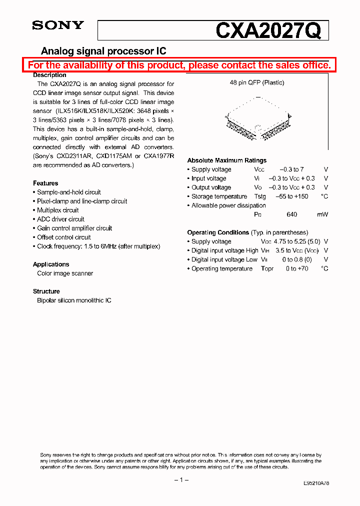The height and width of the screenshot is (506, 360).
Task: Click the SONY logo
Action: point(58,25)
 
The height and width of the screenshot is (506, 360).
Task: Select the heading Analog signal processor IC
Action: point(103,51)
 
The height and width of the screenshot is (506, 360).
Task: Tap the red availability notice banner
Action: point(179,65)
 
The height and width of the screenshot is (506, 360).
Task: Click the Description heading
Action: point(49,75)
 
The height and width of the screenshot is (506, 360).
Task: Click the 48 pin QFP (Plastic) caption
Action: point(257,82)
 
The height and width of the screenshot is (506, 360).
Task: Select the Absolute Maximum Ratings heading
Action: point(226,160)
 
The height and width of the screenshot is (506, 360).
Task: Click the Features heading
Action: point(45,183)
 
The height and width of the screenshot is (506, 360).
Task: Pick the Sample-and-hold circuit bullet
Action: point(68,192)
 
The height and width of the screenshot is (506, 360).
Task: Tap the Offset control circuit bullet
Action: point(63,237)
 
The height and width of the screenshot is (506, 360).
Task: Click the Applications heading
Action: point(51,264)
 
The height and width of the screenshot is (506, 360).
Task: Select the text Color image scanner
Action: point(65,273)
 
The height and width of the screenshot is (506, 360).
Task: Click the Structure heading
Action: point(46,291)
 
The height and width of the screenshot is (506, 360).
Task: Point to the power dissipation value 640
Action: point(292,214)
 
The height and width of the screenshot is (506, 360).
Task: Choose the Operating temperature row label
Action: point(222,268)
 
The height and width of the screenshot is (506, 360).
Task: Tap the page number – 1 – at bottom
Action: point(181,480)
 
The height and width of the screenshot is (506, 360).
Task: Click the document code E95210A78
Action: point(316,484)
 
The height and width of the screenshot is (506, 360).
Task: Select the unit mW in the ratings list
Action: point(322,214)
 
